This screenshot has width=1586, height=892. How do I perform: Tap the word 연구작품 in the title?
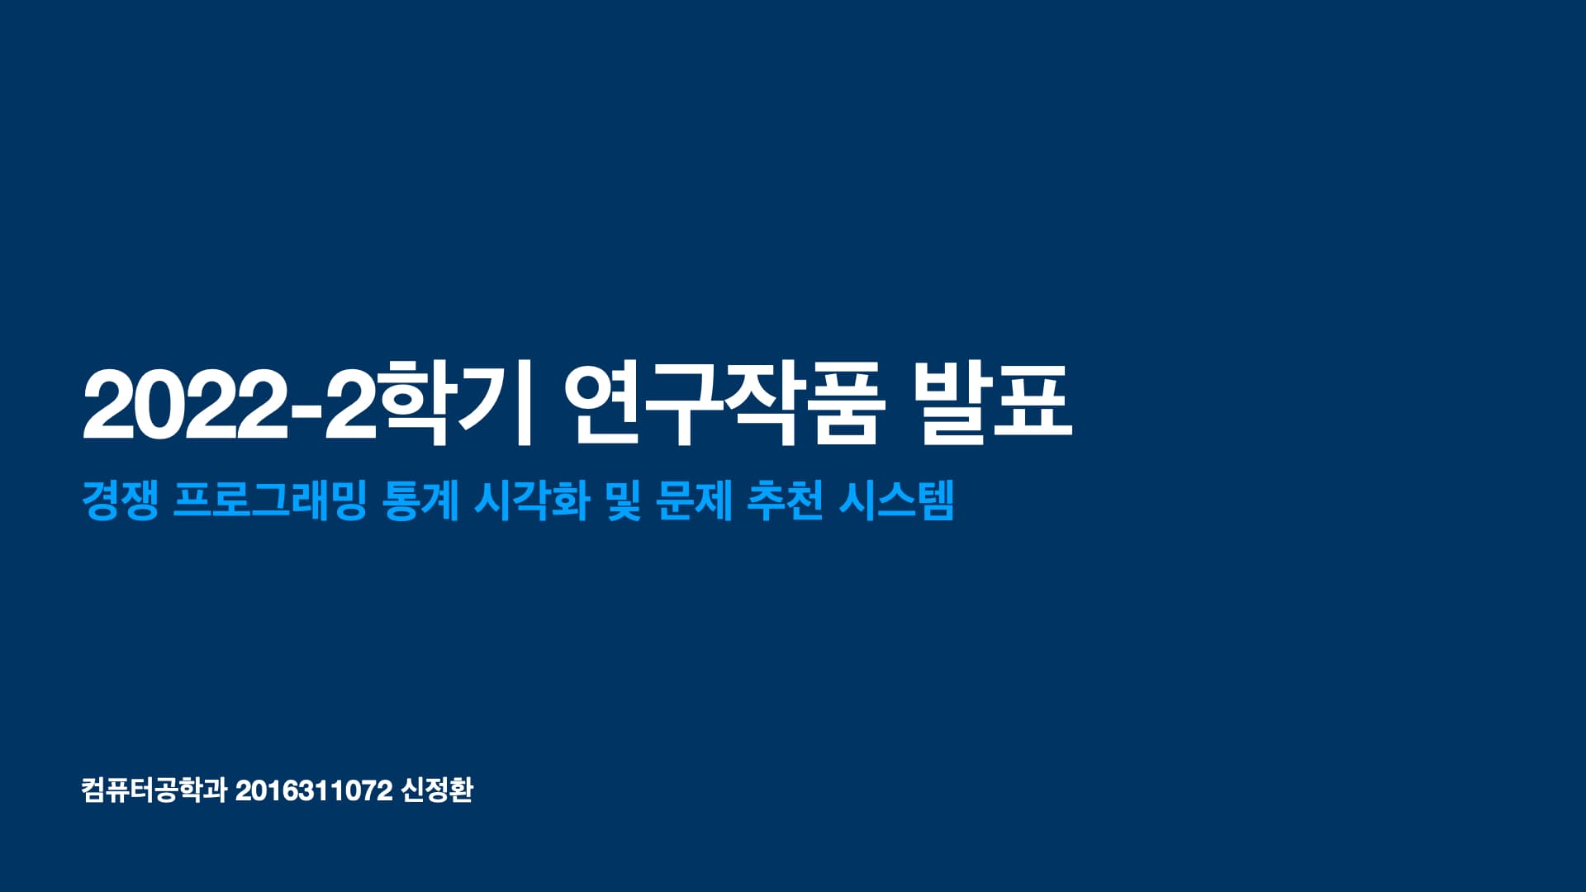pos(724,404)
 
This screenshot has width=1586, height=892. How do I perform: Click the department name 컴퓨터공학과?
pos(154,790)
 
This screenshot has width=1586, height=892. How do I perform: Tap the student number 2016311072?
pos(313,790)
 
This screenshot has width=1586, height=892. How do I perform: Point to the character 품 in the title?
pos(844,404)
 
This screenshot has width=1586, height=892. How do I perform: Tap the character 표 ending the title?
pos(1033,404)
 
